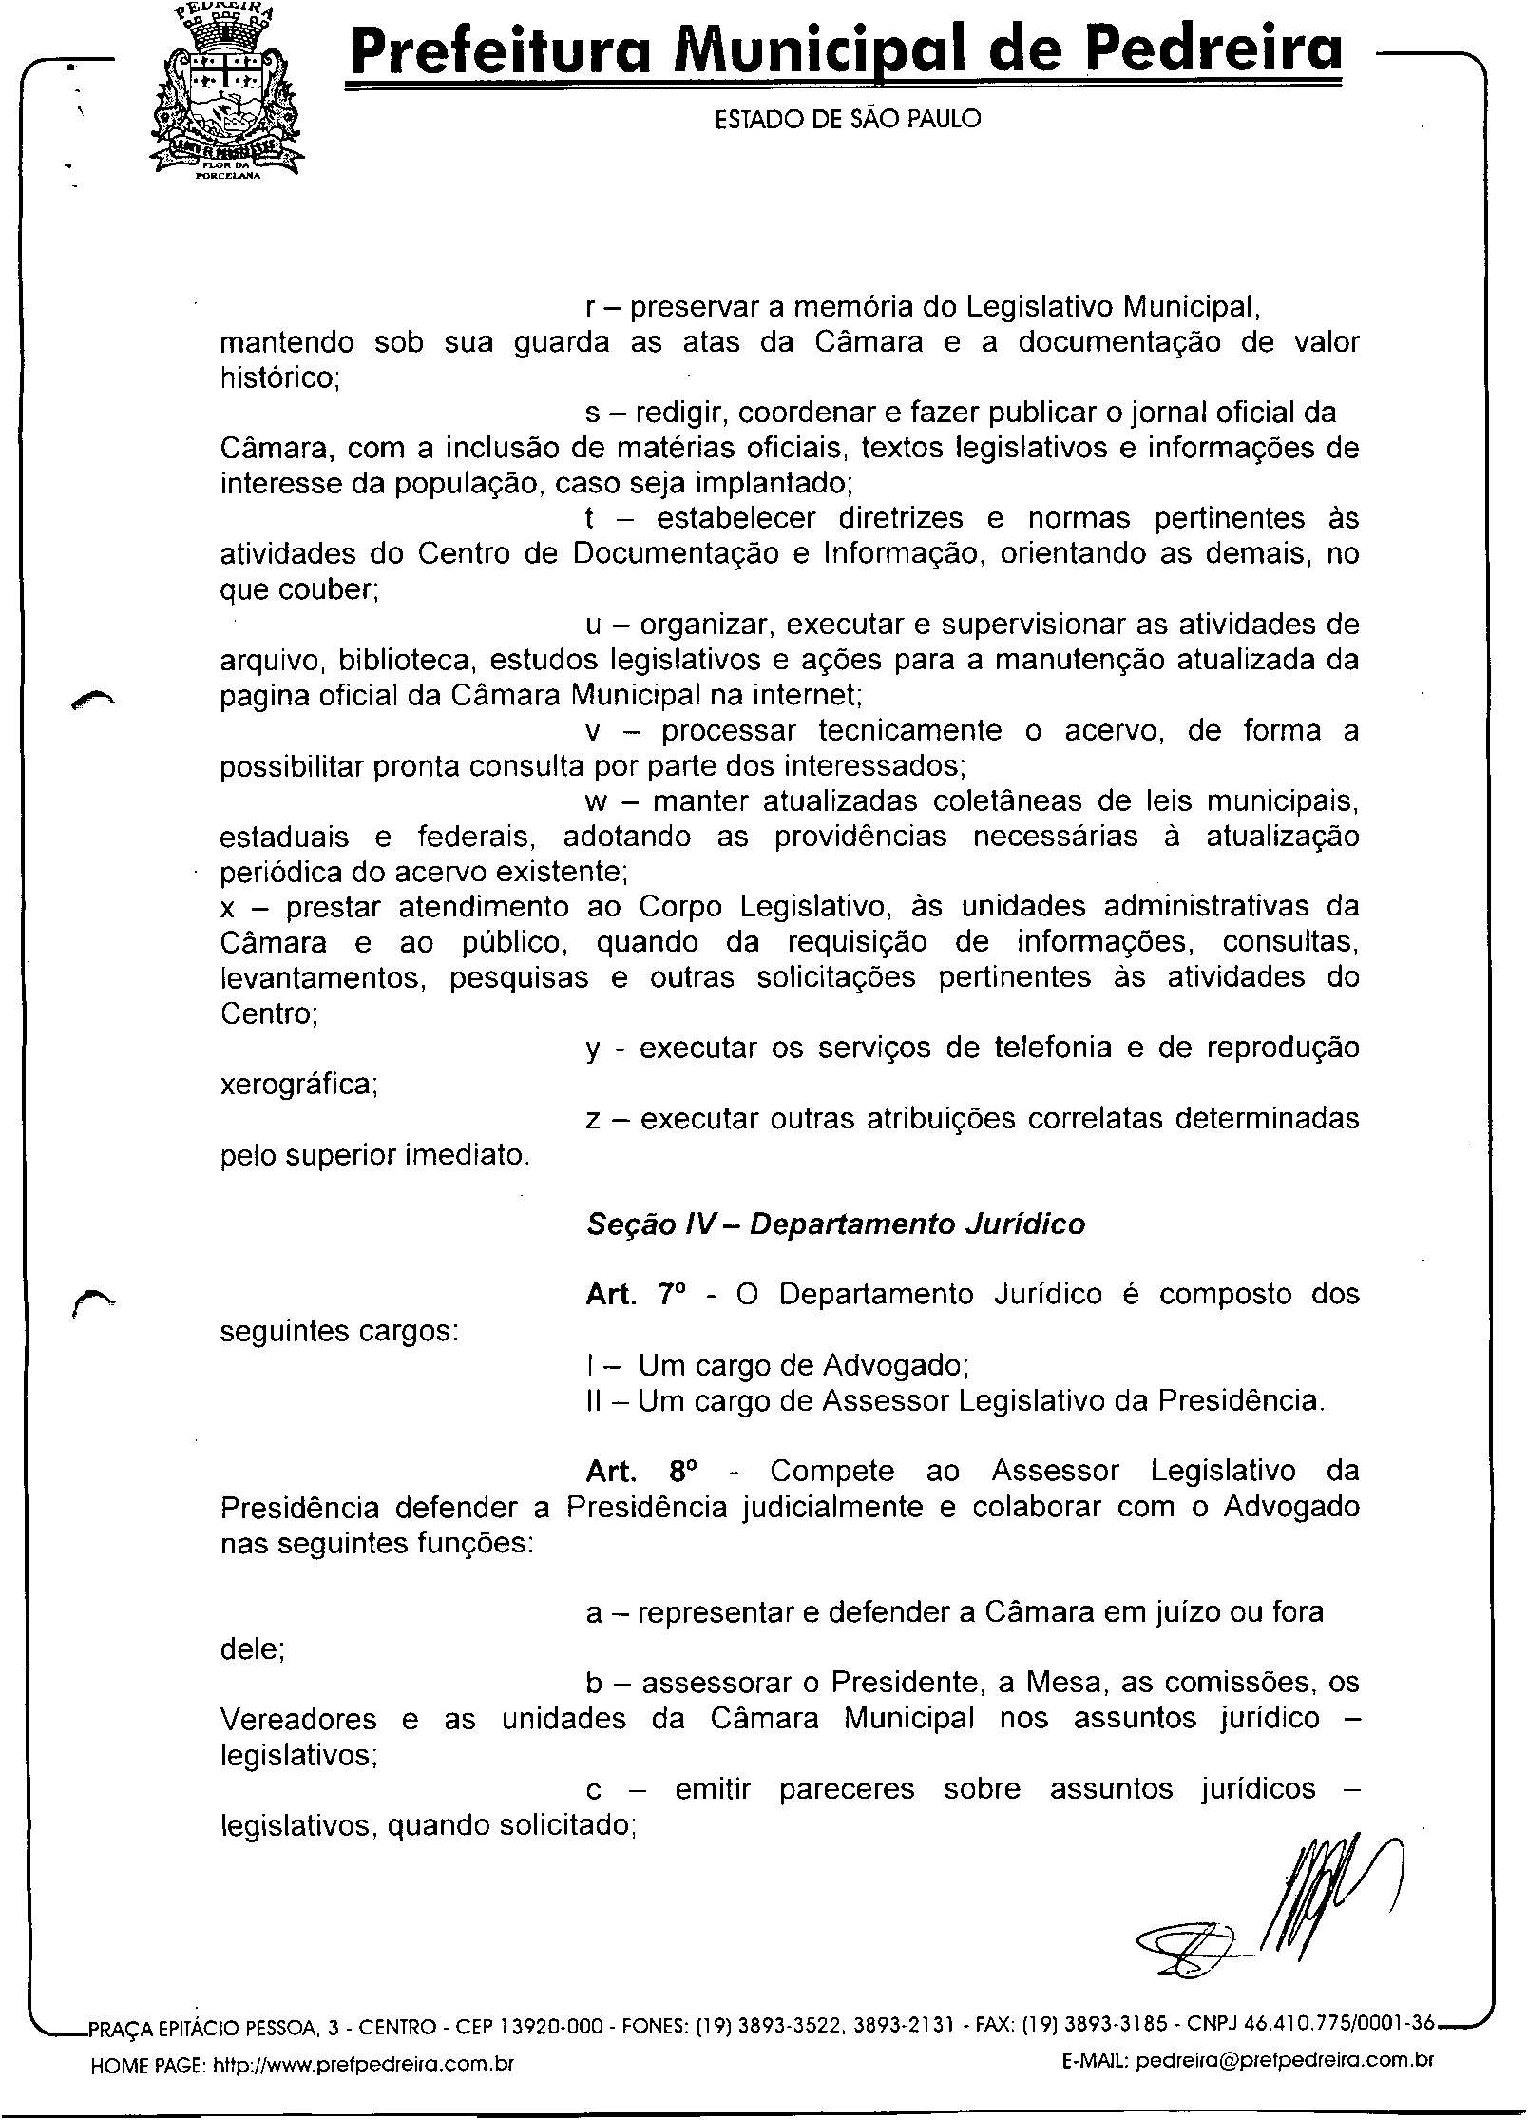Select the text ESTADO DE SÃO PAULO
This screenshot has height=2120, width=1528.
point(847,119)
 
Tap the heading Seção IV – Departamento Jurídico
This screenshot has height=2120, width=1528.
point(835,1224)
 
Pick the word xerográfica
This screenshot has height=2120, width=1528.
point(297,1084)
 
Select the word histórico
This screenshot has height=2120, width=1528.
point(278,378)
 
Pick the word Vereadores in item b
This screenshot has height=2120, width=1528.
point(298,1720)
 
